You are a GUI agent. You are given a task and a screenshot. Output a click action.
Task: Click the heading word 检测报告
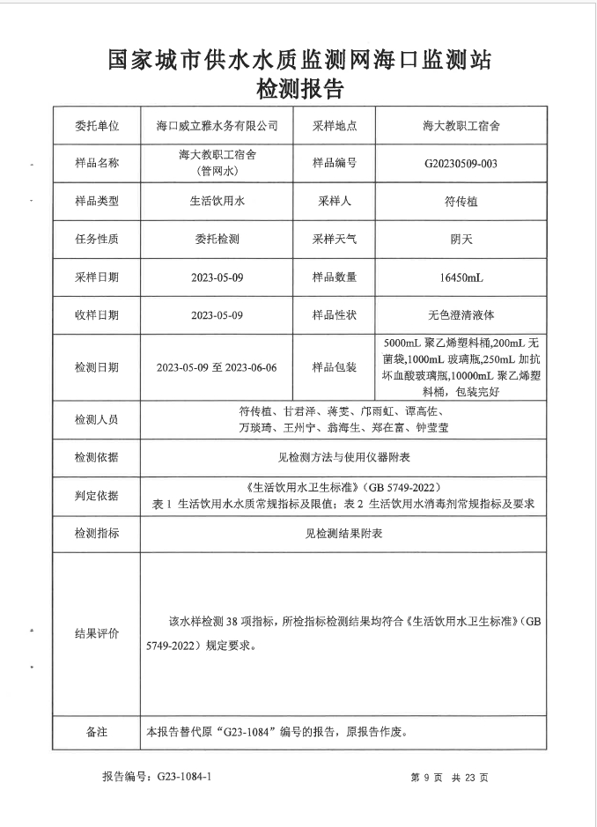[x=298, y=89]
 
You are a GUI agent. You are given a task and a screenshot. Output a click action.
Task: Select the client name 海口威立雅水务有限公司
[x=216, y=126]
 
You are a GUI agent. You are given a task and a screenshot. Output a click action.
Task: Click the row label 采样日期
[x=97, y=277]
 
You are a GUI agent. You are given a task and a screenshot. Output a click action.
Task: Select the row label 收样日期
[x=97, y=314]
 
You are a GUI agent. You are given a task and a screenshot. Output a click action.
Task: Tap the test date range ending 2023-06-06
[x=216, y=367]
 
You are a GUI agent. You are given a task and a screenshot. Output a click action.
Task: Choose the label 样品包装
[x=335, y=367]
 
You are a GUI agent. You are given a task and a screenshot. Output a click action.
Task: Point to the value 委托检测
[x=216, y=239]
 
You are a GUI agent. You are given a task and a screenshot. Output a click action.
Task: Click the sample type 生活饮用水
[x=216, y=202]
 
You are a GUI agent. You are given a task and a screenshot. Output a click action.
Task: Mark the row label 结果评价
[x=97, y=633]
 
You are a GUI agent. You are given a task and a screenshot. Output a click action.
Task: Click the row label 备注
[x=97, y=732]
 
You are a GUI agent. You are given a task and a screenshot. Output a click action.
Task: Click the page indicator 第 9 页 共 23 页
[x=449, y=778]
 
